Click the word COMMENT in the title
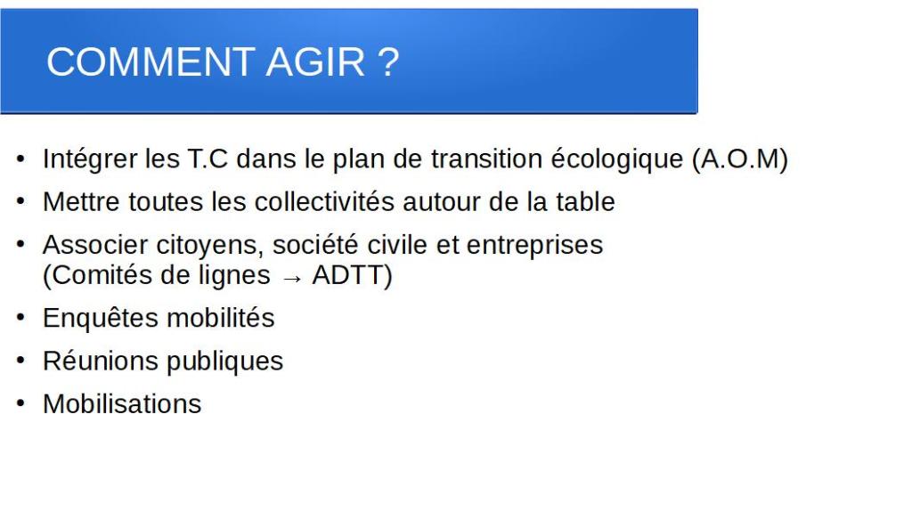[151, 61]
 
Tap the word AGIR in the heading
[315, 61]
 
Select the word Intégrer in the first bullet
[90, 159]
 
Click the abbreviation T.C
[207, 158]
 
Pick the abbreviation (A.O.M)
[740, 159]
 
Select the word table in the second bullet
[585, 202]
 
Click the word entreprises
[534, 246]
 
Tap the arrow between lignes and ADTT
[292, 278]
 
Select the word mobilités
[221, 318]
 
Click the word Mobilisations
[122, 404]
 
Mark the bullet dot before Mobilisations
[21, 403]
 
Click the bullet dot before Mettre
[21, 201]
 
